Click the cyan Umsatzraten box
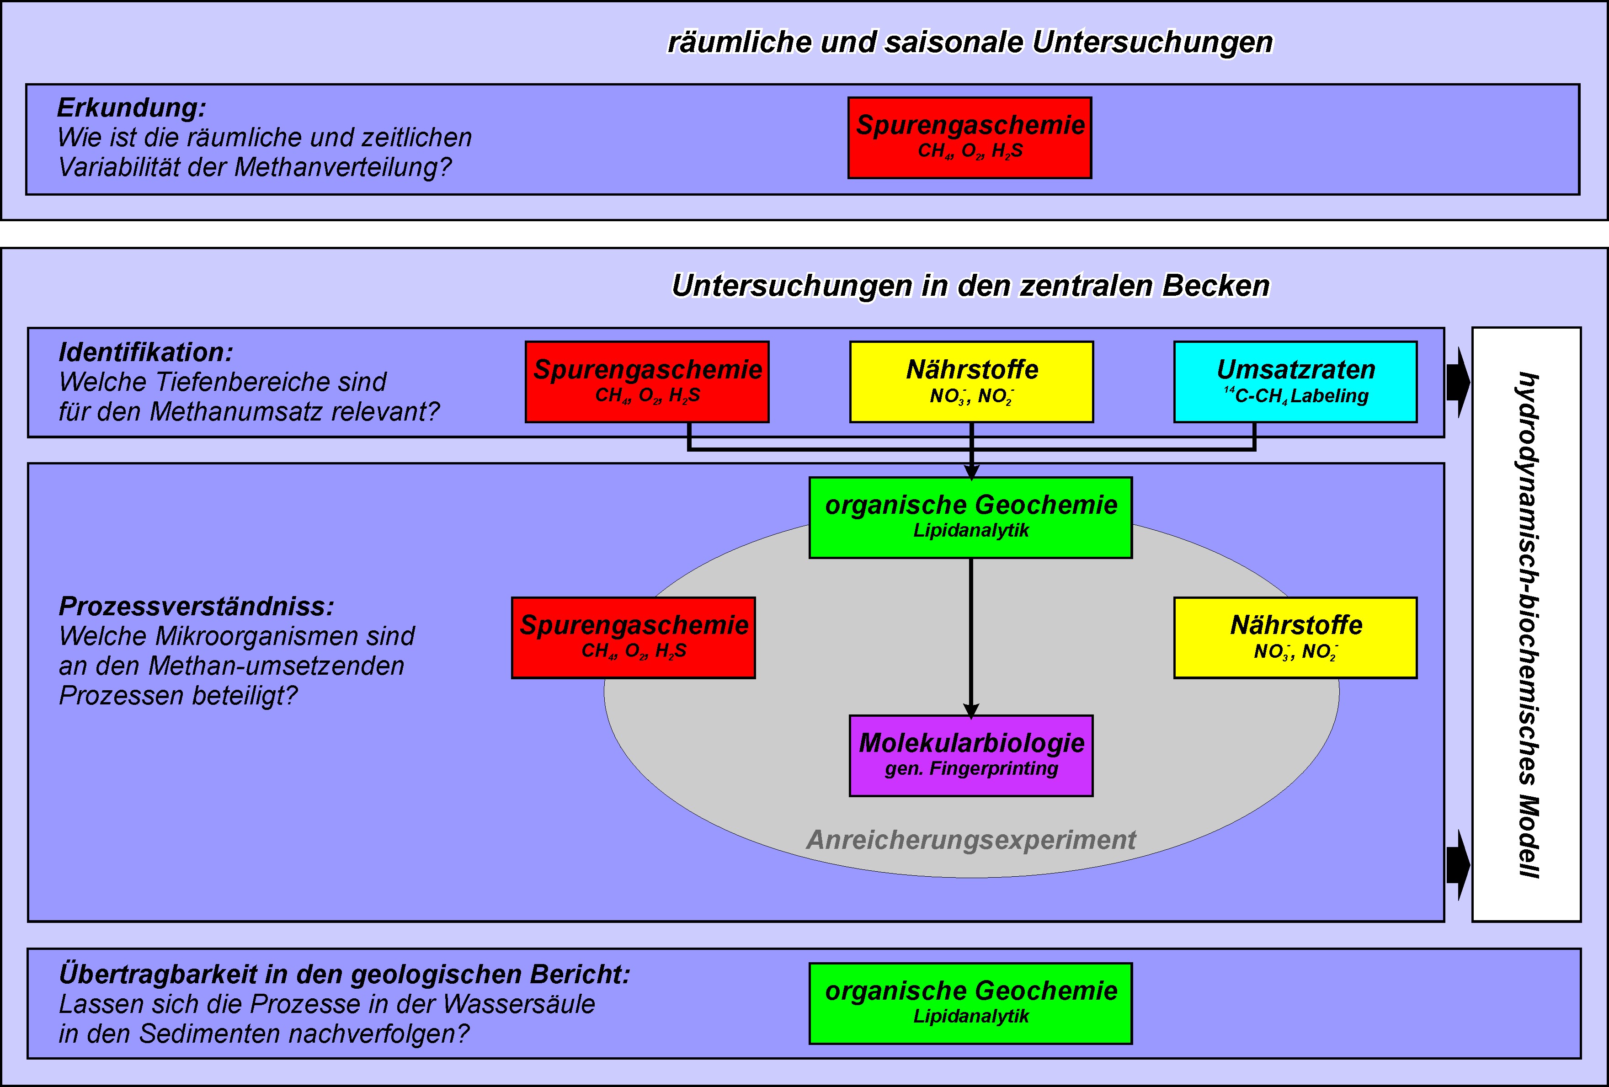(1295, 382)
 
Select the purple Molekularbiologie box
(971, 755)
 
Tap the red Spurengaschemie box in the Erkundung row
(969, 138)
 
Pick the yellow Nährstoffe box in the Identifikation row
(971, 382)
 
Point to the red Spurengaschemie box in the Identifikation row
(647, 382)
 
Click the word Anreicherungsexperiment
(971, 840)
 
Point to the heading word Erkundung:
(132, 108)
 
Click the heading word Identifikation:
(145, 352)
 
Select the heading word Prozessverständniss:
(196, 607)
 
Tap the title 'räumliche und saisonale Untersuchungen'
(969, 42)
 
